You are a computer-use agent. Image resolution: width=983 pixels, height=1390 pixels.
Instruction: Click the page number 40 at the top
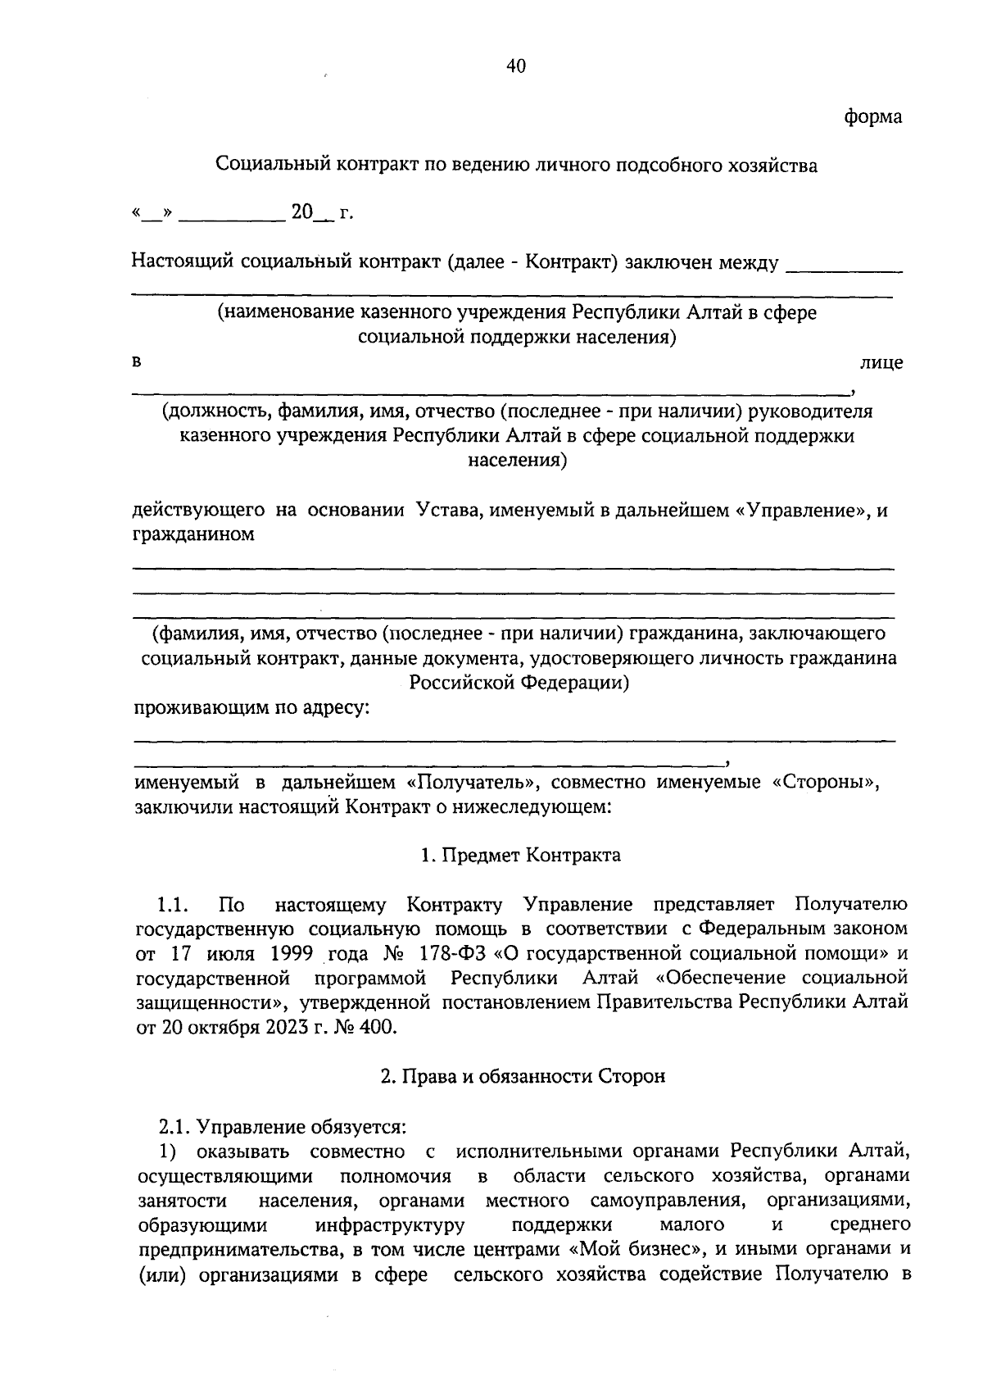(515, 67)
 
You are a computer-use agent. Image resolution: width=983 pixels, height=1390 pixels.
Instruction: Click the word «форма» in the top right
(873, 117)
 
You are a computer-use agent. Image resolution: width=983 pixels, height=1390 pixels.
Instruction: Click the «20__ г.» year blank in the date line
(320, 214)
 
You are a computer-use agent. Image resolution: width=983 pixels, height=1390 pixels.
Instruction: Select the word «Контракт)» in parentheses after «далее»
(571, 263)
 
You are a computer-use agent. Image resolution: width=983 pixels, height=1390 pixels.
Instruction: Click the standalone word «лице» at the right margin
(881, 362)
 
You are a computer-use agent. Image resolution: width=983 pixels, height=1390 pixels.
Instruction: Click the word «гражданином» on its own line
(194, 535)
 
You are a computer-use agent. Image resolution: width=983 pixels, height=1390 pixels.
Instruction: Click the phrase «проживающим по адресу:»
(251, 708)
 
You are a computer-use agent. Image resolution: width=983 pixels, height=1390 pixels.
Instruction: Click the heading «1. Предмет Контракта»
(521, 856)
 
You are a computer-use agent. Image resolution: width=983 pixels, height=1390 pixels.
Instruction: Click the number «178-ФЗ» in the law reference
(453, 954)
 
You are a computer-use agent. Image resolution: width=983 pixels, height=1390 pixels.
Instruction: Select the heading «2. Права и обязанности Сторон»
(522, 1077)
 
